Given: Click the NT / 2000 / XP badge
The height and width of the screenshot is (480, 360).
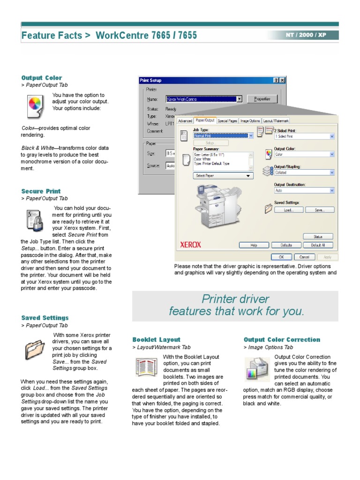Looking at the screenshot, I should [306, 35].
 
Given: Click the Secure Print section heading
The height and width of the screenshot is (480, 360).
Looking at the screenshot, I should [41, 191].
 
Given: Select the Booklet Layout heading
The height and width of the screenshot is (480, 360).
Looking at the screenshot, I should [156, 340].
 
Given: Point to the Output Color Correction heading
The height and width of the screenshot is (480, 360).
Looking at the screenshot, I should [282, 340].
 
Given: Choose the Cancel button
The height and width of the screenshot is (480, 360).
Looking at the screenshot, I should [304, 257].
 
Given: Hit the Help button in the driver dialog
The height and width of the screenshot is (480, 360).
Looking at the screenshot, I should [254, 245].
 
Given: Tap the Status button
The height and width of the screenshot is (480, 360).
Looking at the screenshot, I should [318, 237].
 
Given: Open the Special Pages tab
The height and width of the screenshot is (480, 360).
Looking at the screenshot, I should [227, 121].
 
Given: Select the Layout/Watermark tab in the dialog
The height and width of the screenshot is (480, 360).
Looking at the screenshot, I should [276, 121].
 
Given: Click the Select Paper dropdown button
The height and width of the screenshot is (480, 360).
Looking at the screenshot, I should [223, 176].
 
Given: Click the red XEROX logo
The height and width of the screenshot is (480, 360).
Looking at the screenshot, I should [191, 245].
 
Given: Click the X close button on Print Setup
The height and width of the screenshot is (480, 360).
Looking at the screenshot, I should [282, 81].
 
